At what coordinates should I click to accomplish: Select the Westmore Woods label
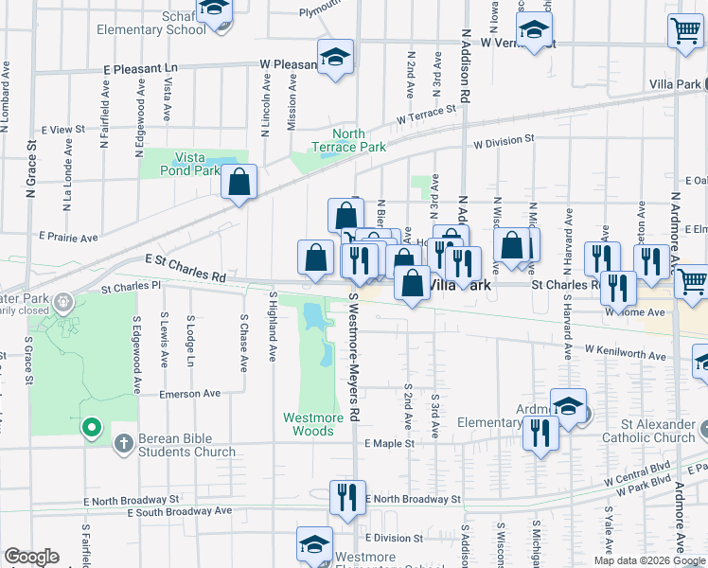pyautogui.click(x=309, y=424)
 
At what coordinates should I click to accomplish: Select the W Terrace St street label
pyautogui.click(x=426, y=115)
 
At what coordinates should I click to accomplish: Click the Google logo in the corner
pyautogui.click(x=31, y=557)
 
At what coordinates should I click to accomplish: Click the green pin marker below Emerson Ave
pyautogui.click(x=92, y=428)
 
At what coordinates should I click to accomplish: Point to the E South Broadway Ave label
pyautogui.click(x=180, y=511)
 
